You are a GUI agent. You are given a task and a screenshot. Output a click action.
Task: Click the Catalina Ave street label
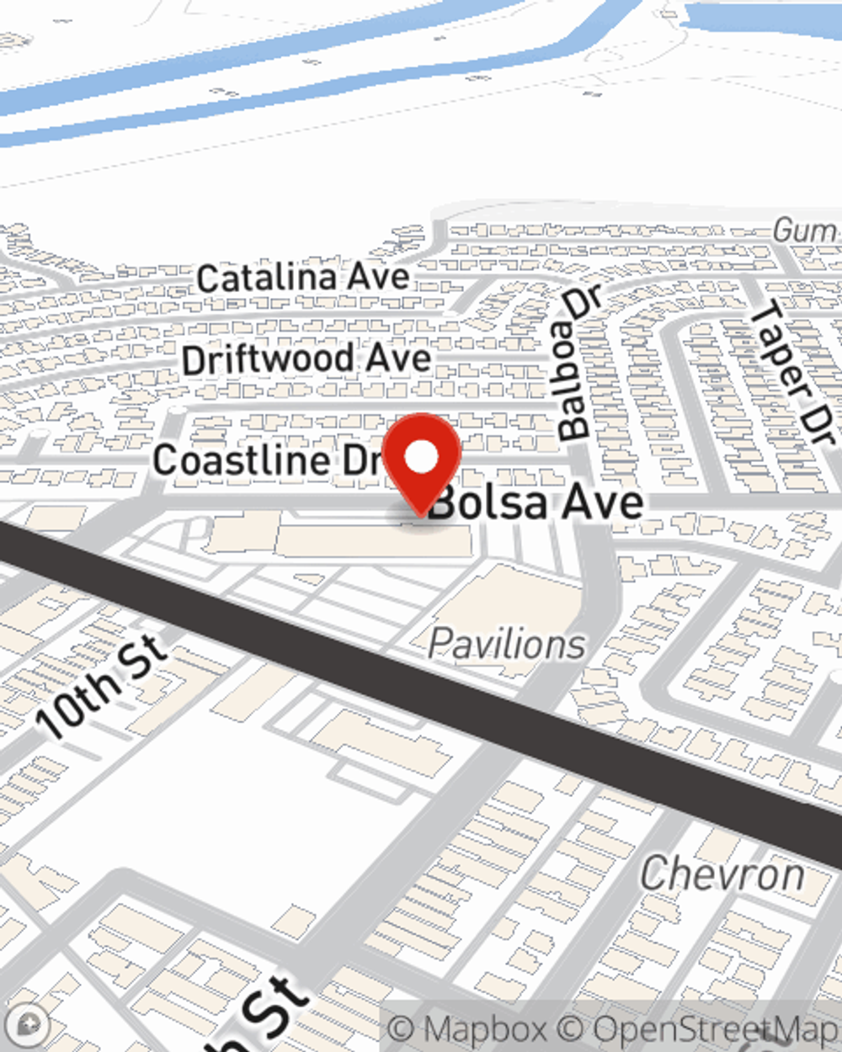pyautogui.click(x=303, y=277)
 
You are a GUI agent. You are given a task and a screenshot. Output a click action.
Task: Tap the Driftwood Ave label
pyautogui.click(x=306, y=359)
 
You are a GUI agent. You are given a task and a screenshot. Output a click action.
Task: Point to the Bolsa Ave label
pyautogui.click(x=539, y=503)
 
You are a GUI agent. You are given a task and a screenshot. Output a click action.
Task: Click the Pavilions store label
pyautogui.click(x=506, y=645)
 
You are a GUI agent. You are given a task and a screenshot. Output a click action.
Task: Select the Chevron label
pyautogui.click(x=722, y=874)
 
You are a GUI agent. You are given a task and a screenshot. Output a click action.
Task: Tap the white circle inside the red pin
pyautogui.click(x=422, y=458)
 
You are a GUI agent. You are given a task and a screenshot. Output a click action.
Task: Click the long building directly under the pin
pyautogui.click(x=370, y=540)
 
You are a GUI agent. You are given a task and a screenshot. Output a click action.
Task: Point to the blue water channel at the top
pyautogui.click(x=253, y=76)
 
